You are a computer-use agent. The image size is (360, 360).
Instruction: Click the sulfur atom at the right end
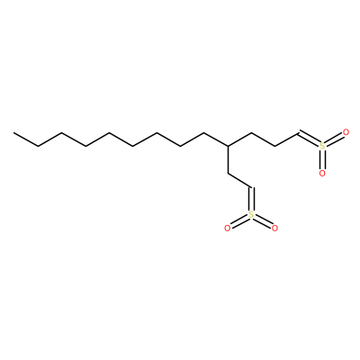322,146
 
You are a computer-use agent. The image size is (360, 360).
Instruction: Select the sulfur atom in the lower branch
251,214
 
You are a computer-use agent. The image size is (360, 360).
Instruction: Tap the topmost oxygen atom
346,132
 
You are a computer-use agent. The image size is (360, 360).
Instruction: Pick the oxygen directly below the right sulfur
322,173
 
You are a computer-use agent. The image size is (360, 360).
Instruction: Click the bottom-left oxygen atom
228,229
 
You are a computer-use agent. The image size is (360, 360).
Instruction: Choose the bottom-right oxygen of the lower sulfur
274,229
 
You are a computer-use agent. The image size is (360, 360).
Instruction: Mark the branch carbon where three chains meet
228,146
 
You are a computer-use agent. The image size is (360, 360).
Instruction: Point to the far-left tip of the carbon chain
13,132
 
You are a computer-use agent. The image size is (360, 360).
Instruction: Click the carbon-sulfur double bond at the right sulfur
309,138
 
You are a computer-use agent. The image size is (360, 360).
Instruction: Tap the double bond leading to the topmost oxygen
334,139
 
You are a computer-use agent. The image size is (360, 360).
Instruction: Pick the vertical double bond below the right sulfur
322,159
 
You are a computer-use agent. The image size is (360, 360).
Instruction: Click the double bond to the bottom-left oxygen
239,221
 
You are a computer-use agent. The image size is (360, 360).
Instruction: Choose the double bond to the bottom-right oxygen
263,221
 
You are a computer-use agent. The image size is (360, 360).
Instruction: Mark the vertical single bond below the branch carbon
228,159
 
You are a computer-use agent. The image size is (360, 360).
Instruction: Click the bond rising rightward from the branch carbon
239,139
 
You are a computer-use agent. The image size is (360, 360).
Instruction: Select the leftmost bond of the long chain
26,139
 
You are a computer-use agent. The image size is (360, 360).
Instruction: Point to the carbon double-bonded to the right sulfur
299,132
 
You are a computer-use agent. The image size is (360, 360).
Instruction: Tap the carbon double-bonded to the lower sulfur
251,187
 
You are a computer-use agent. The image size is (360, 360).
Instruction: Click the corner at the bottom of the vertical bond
228,174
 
